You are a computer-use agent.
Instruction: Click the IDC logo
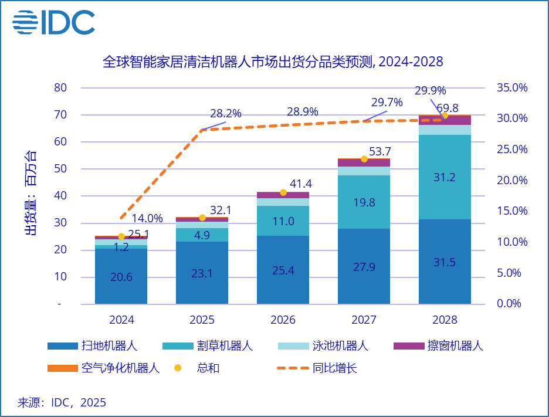tap(54, 22)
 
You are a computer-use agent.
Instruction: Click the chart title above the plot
tap(273, 62)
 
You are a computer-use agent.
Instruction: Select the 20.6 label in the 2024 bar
tap(121, 277)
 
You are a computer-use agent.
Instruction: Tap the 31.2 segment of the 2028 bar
tap(445, 178)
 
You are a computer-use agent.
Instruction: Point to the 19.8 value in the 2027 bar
tap(364, 202)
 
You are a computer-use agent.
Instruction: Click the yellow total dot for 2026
tap(283, 192)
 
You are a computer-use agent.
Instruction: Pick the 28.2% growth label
tap(226, 114)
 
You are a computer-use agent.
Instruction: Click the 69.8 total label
tap(448, 108)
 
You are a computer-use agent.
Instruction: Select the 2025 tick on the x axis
tap(202, 320)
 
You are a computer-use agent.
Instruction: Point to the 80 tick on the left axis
tap(61, 88)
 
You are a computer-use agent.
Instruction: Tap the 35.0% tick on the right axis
tap(512, 88)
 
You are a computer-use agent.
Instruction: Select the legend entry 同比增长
tap(335, 368)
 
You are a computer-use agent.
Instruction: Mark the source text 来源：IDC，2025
tap(62, 402)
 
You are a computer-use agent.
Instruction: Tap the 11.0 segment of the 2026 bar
tap(283, 221)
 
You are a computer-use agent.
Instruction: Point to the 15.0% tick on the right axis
tap(512, 211)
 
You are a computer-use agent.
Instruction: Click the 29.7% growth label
tap(387, 102)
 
